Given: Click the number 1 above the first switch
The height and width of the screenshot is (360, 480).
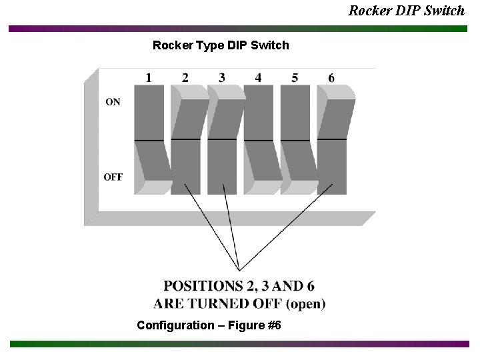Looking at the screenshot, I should [x=149, y=78].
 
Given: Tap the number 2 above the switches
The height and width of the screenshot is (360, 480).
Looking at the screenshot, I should [x=185, y=78].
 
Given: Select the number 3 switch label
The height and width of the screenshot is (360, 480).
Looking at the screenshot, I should [x=222, y=78].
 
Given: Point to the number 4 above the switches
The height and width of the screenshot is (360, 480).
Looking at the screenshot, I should [x=258, y=78].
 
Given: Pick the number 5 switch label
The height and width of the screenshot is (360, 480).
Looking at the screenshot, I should [x=295, y=78].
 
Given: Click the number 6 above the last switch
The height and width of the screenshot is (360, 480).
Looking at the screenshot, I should [x=331, y=78].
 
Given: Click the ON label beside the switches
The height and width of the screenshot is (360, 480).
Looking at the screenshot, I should [x=113, y=102].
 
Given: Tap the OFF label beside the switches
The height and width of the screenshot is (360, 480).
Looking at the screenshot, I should [x=113, y=177].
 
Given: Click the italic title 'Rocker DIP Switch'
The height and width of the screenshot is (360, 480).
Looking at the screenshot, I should [x=407, y=10].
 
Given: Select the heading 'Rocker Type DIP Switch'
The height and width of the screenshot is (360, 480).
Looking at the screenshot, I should [x=221, y=45].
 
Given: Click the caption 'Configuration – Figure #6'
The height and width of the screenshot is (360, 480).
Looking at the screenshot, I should [x=209, y=325].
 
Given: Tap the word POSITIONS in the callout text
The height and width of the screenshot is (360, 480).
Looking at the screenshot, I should [x=203, y=287].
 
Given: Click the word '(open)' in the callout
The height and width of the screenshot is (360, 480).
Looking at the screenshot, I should [x=305, y=304].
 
